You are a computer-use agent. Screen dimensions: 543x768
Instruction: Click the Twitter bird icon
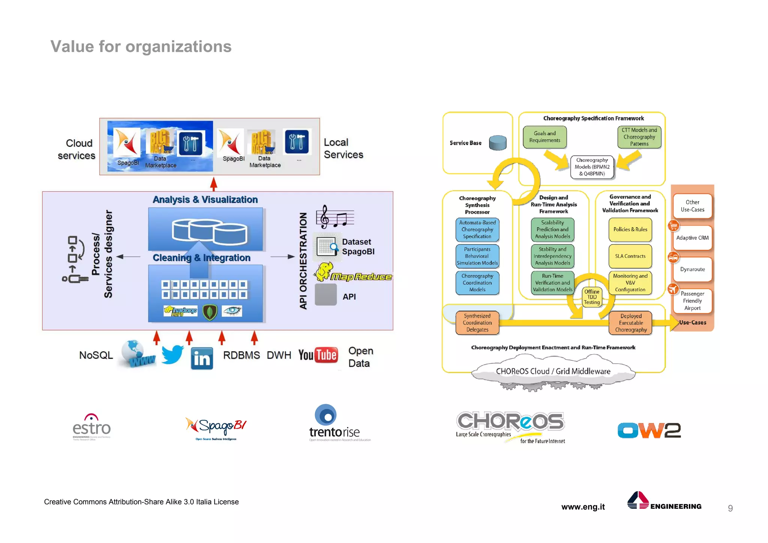(172, 355)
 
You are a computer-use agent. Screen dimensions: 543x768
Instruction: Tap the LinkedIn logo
(202, 358)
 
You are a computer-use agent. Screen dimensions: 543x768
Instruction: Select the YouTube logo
(318, 355)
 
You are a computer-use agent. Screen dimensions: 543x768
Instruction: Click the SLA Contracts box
(630, 256)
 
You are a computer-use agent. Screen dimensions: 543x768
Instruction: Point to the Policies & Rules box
(630, 229)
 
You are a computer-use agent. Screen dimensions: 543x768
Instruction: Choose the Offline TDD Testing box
(592, 297)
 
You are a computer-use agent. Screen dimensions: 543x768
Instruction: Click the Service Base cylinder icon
(498, 143)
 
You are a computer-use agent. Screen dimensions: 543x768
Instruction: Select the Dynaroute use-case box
(692, 269)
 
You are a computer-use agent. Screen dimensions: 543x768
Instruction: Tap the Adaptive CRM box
(692, 238)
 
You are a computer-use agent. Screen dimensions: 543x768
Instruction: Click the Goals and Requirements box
(544, 137)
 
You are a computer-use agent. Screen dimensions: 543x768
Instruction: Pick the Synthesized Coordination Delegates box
(477, 323)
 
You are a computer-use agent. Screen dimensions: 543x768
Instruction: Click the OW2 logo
(649, 430)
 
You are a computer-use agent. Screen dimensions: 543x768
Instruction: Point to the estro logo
(91, 427)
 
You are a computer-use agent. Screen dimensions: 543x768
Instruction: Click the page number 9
(730, 508)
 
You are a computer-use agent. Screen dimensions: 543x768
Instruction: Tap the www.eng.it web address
(583, 507)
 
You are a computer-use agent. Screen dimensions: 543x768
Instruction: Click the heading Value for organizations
(141, 47)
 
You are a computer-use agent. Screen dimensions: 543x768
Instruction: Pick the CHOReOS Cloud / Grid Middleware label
(553, 371)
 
